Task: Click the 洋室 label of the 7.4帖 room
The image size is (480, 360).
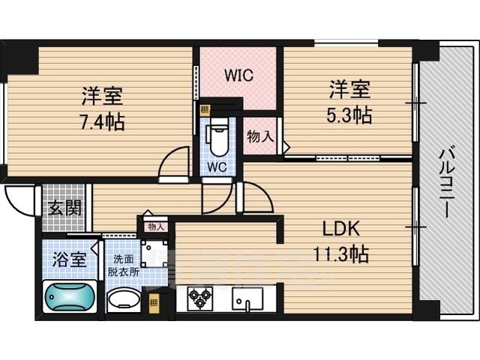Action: [102, 97]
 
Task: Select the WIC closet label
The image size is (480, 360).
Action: [239, 76]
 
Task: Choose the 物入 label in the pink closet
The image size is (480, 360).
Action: [260, 136]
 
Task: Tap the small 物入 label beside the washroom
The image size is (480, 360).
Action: [155, 226]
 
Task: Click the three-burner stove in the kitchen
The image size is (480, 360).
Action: [200, 298]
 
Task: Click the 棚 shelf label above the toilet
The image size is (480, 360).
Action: [205, 109]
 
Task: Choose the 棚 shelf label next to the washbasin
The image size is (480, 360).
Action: [154, 304]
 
